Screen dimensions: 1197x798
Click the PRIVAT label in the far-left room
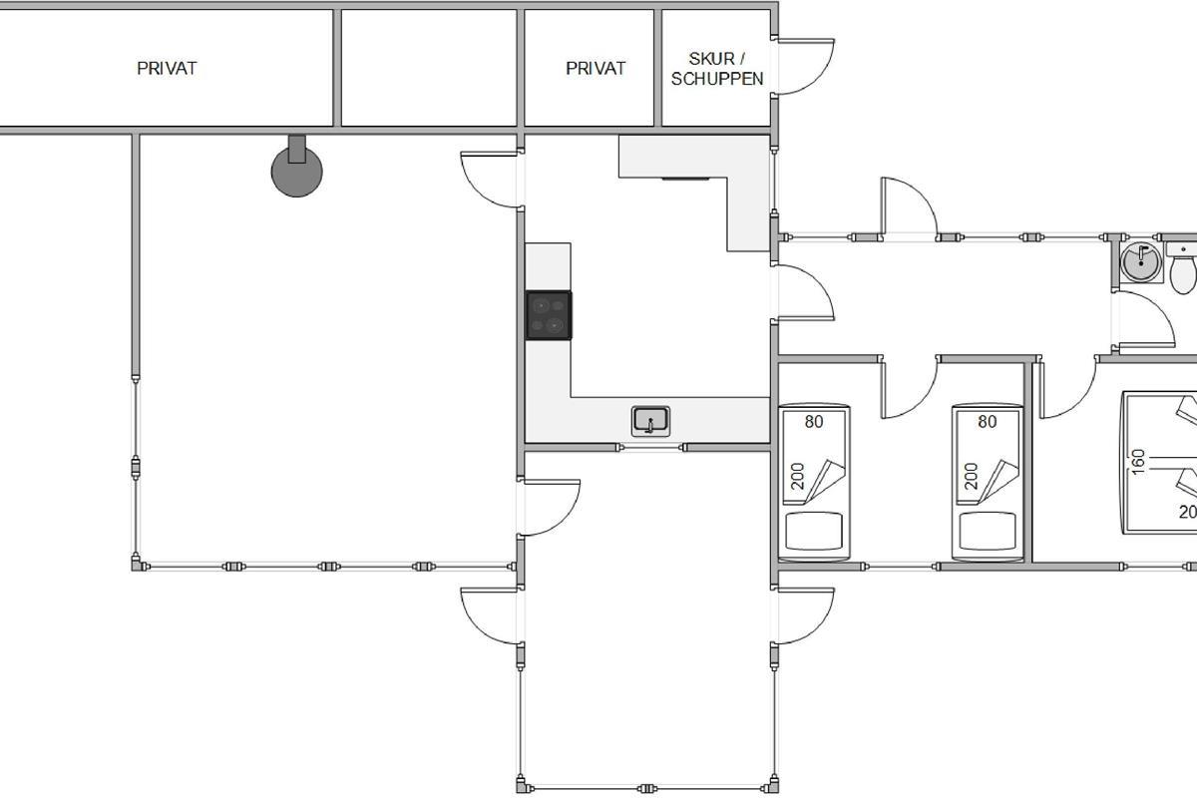point(167,69)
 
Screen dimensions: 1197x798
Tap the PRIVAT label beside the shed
point(596,69)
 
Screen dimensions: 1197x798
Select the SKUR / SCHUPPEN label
point(717,69)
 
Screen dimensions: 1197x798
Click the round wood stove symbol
point(297,171)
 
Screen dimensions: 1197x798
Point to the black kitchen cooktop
point(549,315)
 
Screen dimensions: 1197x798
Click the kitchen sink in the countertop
point(650,421)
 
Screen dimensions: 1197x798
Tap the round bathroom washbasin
point(1141,262)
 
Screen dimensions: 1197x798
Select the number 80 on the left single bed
point(814,422)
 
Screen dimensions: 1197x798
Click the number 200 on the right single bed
point(971,476)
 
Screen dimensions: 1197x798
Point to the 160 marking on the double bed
point(1138,462)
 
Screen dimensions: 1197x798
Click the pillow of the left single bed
point(814,531)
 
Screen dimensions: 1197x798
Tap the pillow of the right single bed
point(988,531)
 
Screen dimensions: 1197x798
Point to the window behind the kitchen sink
point(652,447)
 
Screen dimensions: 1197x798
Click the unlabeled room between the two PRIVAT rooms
point(429,68)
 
